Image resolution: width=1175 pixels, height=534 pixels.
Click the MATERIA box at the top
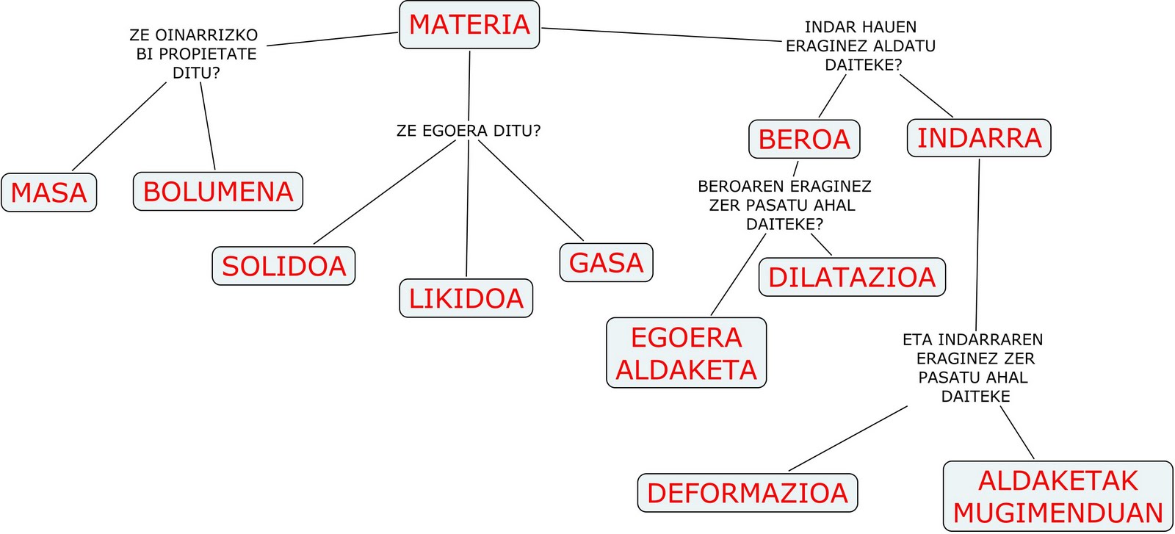tap(469, 25)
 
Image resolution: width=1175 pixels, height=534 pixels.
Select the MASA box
tap(49, 192)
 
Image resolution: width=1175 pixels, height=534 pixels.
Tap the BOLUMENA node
tap(218, 192)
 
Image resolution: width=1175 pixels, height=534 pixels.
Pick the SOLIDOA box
tap(283, 266)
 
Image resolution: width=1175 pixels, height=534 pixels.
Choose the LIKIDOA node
tap(466, 298)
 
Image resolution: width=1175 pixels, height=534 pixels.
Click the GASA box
tap(606, 263)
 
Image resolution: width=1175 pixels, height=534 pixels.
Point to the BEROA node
tap(804, 139)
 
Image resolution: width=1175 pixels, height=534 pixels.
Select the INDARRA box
tap(979, 137)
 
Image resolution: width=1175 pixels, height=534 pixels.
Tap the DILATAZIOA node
tap(852, 277)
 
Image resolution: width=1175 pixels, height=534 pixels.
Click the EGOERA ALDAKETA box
tap(686, 353)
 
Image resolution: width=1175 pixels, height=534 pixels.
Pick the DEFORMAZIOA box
tap(748, 493)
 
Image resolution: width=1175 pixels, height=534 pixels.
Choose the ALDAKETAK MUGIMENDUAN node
tap(1057, 496)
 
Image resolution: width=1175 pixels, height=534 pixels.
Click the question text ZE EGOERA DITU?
tap(468, 131)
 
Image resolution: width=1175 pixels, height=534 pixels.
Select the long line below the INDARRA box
tap(977, 242)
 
